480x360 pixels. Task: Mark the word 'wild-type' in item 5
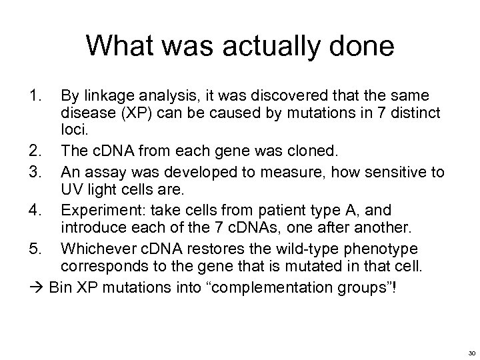pos(294,249)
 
